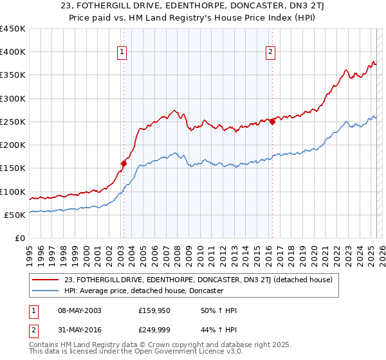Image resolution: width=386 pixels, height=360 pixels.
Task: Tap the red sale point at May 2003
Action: click(124, 163)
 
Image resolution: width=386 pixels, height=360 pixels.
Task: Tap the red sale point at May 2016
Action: click(272, 122)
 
